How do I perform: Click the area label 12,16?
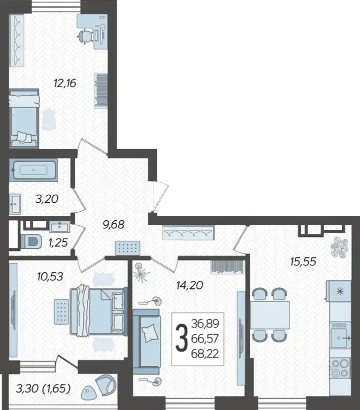pos(65,83)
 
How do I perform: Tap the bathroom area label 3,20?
pos(47,199)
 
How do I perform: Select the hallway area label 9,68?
pos(113,224)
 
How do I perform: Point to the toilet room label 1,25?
pos(58,243)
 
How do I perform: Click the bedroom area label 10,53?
pos(50,276)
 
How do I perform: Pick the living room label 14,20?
pos(189,285)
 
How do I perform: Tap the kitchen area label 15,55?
pos(303,261)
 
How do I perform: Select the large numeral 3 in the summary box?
pos(181,338)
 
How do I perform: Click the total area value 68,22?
pos(205,353)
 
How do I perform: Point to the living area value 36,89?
pos(205,324)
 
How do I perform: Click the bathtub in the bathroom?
pos(33,170)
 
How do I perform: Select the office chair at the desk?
pos(86,36)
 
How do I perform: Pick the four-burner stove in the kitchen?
pos(340,368)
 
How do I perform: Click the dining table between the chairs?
pos(270,315)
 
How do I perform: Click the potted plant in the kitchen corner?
pos(339,247)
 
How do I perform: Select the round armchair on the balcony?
pos(106,383)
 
